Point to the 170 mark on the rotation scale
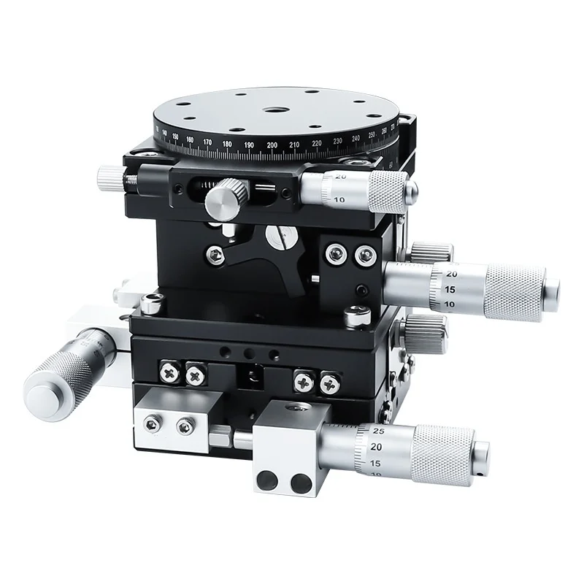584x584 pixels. (x=207, y=142)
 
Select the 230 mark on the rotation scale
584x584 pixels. (x=337, y=140)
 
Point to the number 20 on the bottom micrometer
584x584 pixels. (x=377, y=447)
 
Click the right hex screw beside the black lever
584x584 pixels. (x=362, y=255)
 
